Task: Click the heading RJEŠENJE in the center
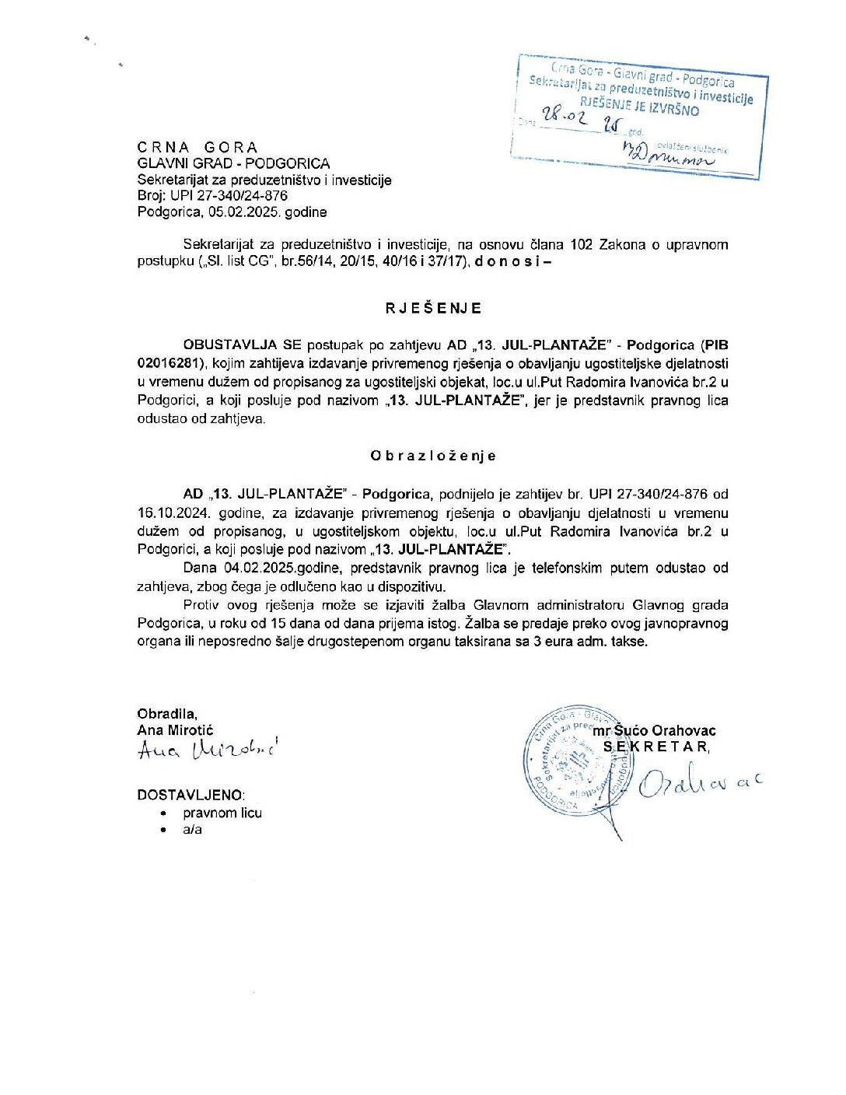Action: pyautogui.click(x=433, y=308)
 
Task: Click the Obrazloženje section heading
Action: pyautogui.click(x=433, y=456)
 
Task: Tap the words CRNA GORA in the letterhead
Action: pyautogui.click(x=198, y=148)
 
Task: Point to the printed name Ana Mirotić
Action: pyautogui.click(x=175, y=730)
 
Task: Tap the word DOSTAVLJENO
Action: pyautogui.click(x=191, y=795)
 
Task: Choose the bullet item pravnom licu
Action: pyautogui.click(x=222, y=813)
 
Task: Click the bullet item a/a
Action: pyautogui.click(x=192, y=830)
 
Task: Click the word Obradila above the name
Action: pyautogui.click(x=166, y=714)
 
